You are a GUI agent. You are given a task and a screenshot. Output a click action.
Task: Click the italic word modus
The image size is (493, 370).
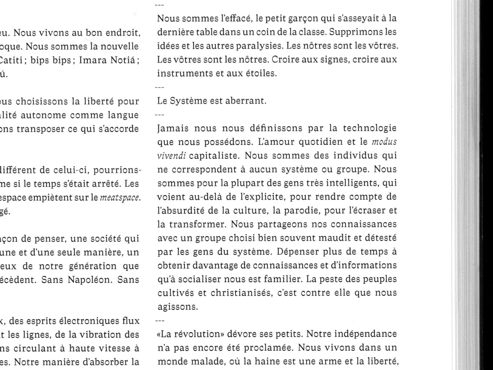pos(384,142)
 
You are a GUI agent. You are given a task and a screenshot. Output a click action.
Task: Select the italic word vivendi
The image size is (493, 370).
pos(172,156)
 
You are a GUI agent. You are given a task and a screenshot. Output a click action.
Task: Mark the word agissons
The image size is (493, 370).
pos(177,307)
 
